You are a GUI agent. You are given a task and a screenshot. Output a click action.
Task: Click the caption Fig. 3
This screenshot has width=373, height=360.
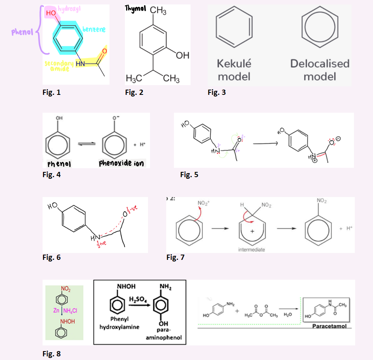(217, 92)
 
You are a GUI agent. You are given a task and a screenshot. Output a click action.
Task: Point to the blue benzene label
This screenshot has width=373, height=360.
(94, 29)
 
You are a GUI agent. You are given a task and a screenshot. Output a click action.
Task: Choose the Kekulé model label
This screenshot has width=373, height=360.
(234, 70)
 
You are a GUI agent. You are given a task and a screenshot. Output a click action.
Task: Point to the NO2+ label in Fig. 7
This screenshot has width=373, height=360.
(203, 203)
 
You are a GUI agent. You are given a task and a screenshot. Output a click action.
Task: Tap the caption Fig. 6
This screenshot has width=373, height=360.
(51, 257)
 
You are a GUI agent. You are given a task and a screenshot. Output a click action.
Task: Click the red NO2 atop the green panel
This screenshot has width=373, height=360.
(64, 289)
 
